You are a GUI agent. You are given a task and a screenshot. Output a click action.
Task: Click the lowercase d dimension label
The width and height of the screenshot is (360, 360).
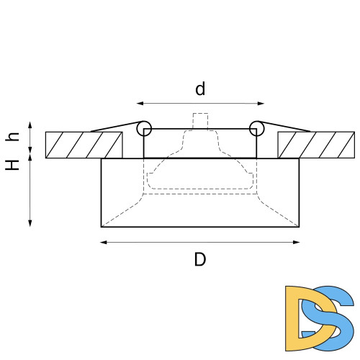point(200,89)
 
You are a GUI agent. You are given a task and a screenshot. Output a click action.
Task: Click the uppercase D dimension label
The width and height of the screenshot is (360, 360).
point(200,259)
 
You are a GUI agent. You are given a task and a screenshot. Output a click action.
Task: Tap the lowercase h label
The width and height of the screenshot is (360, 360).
point(12,137)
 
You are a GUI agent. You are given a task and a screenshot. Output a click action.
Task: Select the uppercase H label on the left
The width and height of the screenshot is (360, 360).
point(12,164)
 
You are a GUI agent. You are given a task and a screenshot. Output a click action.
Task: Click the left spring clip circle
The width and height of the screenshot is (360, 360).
point(145,128)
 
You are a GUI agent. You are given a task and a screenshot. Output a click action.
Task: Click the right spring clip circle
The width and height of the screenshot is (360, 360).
point(256,128)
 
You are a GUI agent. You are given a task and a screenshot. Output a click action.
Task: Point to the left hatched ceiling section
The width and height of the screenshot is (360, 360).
point(84,145)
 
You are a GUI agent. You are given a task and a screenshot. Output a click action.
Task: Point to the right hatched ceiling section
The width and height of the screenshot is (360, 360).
point(316,145)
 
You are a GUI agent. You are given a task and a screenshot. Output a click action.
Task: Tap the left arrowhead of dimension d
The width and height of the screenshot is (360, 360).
point(139,102)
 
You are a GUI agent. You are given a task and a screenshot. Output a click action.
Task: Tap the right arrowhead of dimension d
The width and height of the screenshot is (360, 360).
point(261,102)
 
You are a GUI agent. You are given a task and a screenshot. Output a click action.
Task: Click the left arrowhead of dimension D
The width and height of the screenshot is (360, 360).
point(103,242)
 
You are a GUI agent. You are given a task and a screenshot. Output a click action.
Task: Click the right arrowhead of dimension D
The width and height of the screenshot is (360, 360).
point(297,242)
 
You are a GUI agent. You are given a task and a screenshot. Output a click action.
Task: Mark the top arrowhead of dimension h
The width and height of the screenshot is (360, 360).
point(30,125)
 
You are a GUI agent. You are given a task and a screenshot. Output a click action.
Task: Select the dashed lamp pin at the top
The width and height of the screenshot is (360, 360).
point(200,121)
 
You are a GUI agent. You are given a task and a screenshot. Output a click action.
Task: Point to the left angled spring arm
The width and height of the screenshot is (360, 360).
point(115,127)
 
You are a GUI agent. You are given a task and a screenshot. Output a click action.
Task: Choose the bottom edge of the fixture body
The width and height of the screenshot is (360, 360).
point(200,226)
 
